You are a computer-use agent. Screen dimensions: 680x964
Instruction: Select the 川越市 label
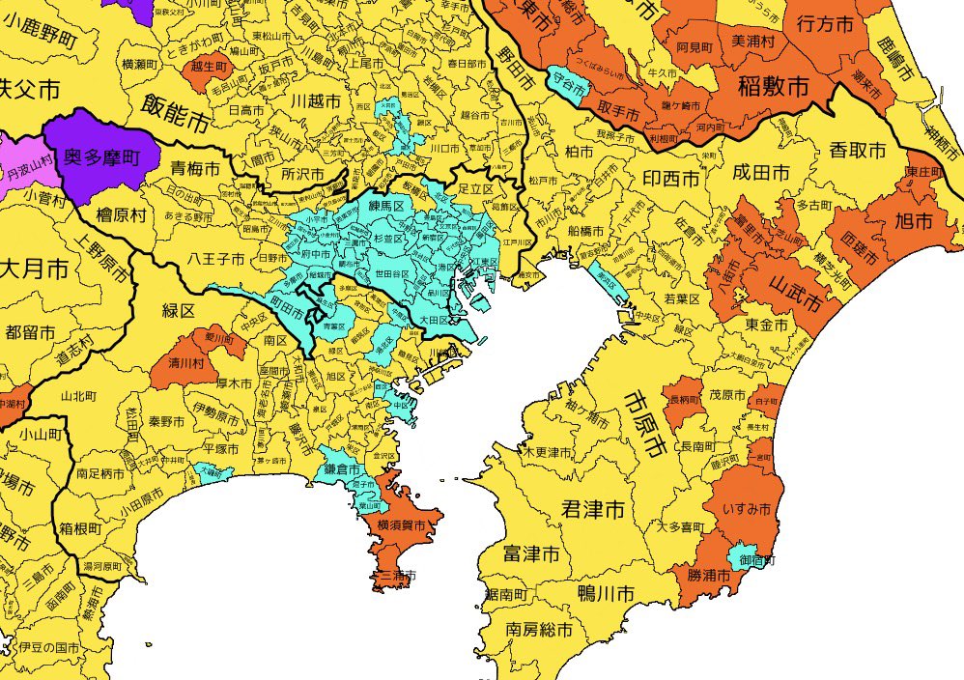(316, 100)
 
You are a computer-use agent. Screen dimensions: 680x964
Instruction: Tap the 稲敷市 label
(773, 87)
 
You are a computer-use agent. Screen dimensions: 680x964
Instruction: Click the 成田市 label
(761, 172)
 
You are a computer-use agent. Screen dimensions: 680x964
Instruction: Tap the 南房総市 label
(539, 630)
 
